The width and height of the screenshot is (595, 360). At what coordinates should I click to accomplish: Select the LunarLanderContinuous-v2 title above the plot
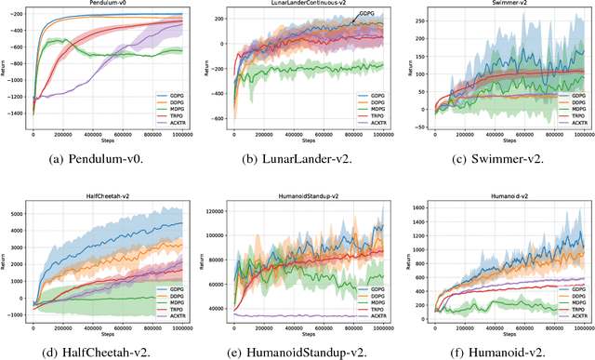304,6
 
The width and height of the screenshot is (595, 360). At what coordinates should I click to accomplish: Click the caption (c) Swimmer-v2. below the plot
499,158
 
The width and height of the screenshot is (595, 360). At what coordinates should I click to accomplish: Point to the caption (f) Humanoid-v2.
499,351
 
